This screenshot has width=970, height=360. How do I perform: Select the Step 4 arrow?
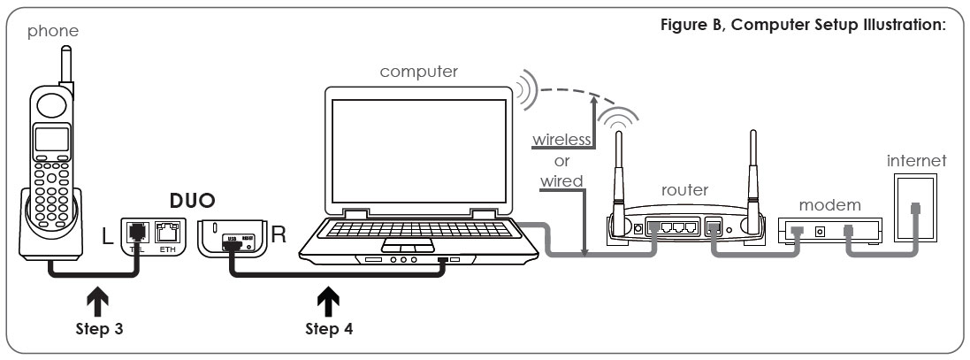click(x=328, y=303)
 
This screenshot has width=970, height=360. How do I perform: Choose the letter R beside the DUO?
click(x=278, y=237)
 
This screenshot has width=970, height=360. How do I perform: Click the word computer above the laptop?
click(x=419, y=72)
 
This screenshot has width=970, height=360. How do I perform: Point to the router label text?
click(x=685, y=188)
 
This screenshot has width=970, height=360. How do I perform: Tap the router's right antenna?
click(x=752, y=172)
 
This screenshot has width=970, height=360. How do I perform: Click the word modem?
click(x=829, y=204)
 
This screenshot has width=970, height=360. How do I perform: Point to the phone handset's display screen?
click(x=51, y=140)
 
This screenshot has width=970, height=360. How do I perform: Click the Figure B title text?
click(x=803, y=24)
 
